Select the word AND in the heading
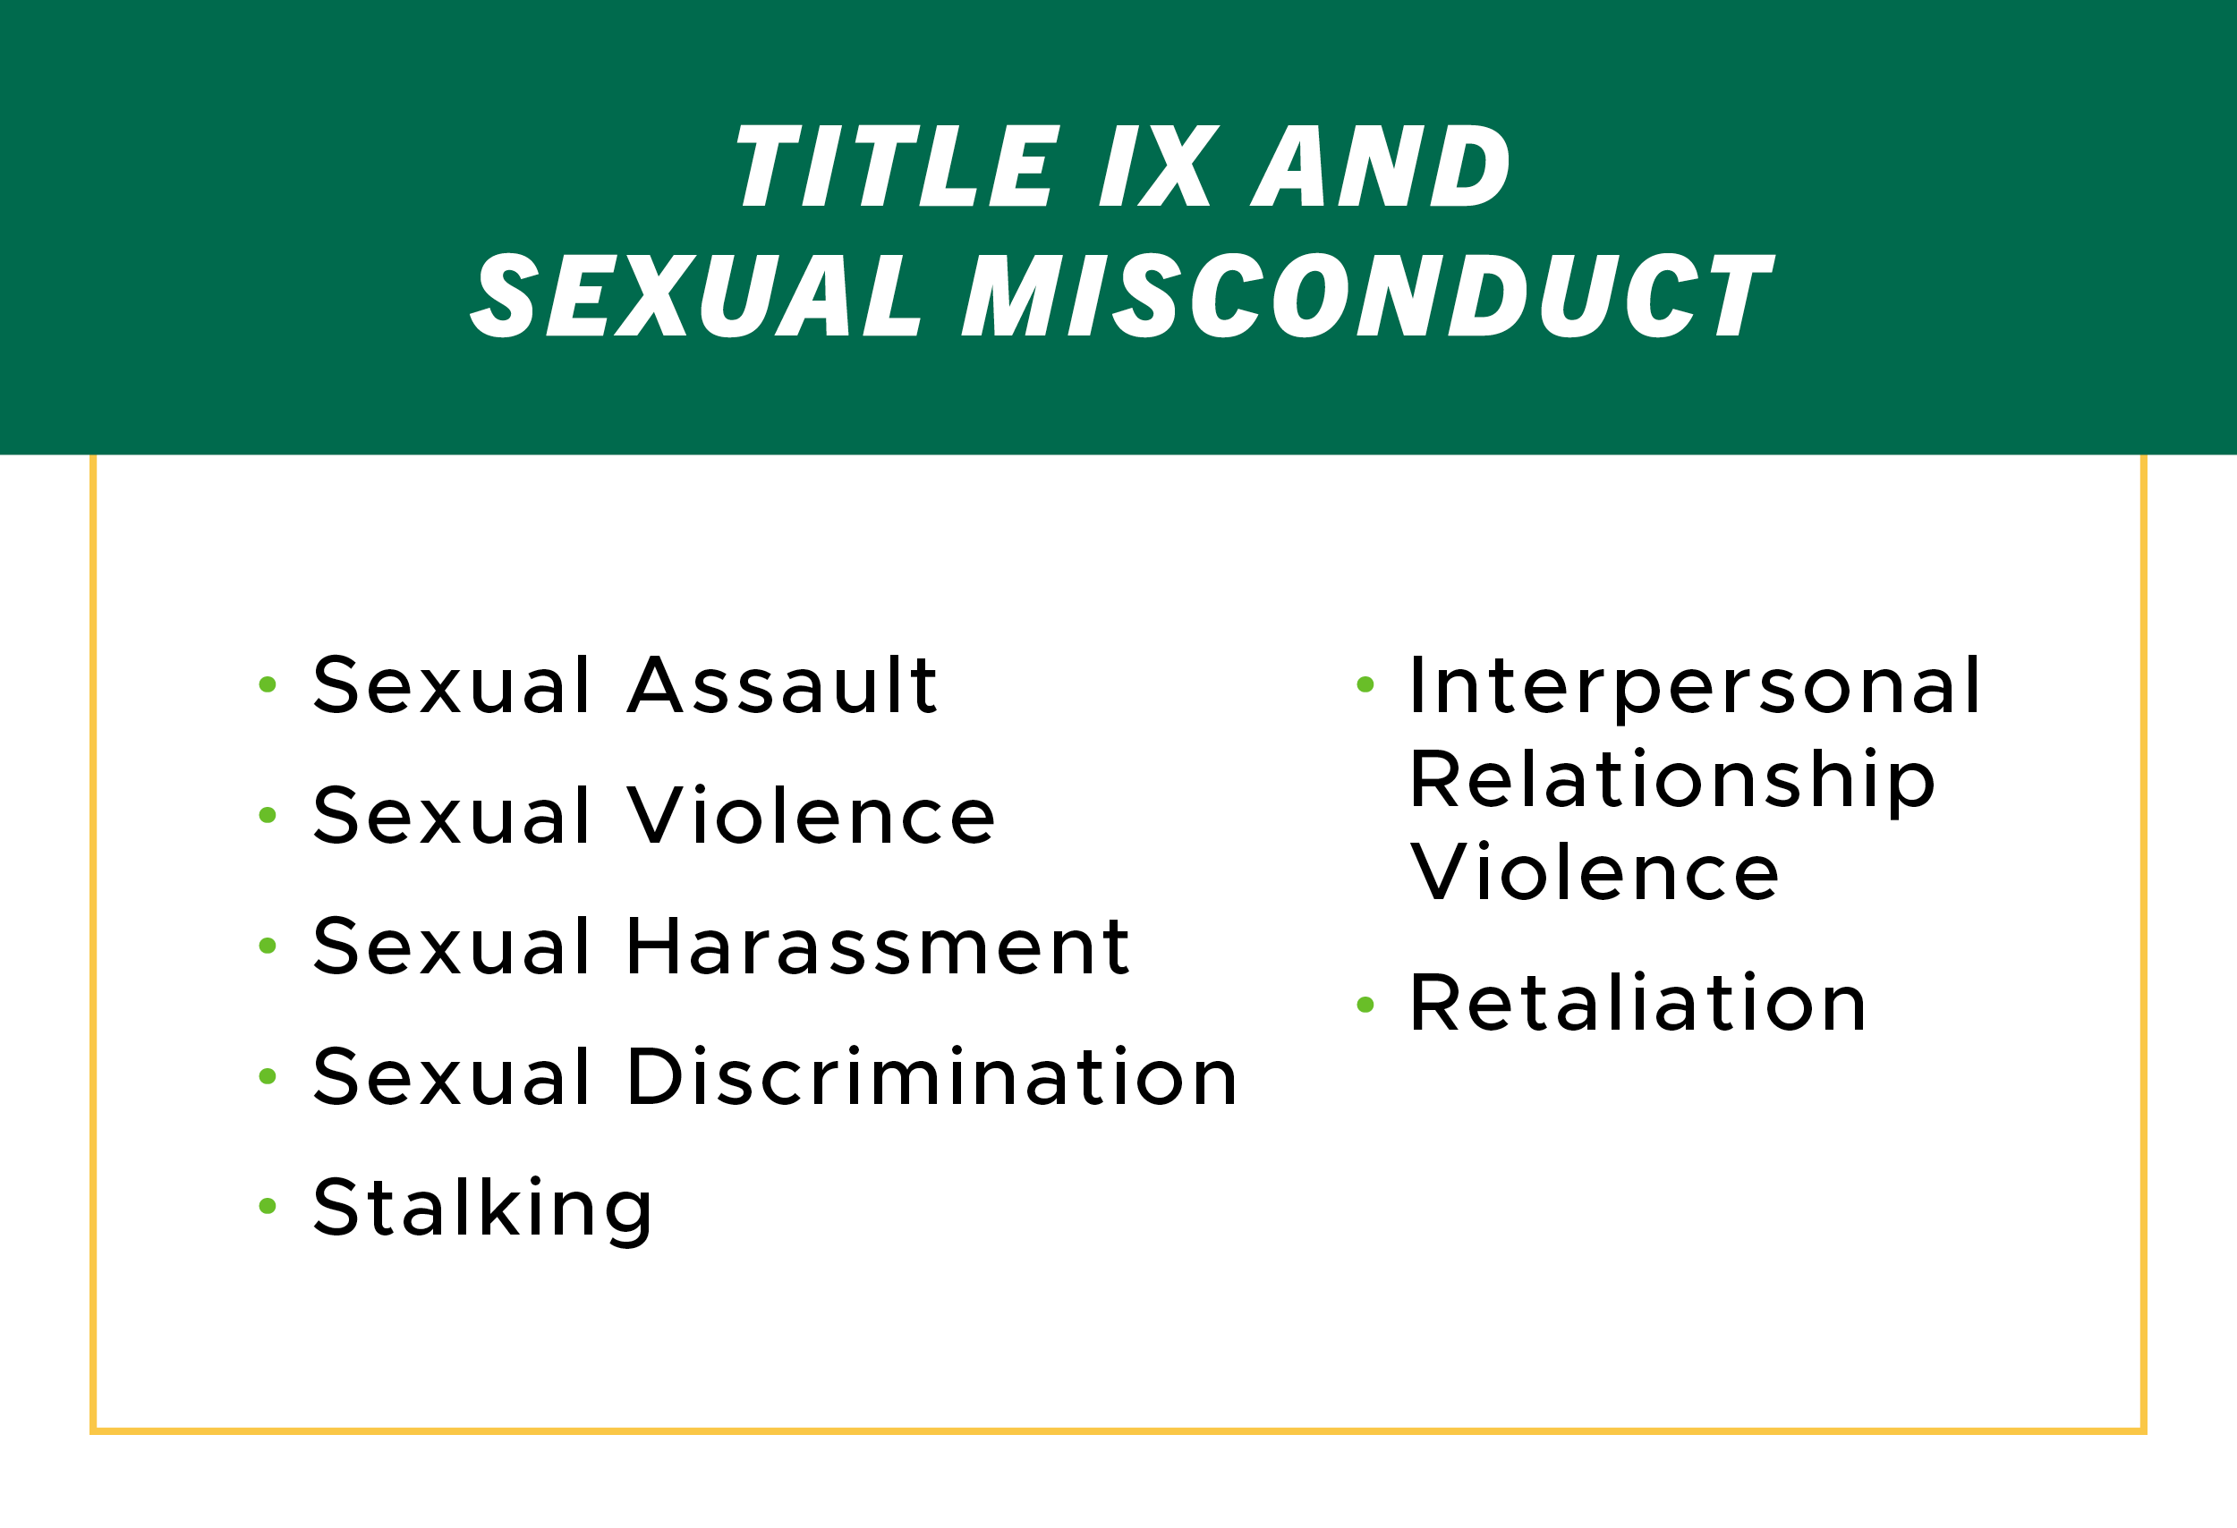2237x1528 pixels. pos(1381,166)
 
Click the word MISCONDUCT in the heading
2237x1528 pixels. pos(1367,295)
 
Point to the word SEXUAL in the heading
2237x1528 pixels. pos(696,295)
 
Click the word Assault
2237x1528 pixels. pos(781,684)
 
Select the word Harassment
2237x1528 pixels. pos(878,946)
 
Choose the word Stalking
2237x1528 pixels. pos(482,1209)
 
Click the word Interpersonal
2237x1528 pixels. pos(1694,687)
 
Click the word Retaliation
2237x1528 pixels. pos(1637,1003)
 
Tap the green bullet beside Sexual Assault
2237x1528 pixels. pos(268,684)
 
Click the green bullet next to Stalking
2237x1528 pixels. pos(268,1206)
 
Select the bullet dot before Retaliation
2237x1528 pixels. pos(1365,1005)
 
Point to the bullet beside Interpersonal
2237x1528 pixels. pos(1365,684)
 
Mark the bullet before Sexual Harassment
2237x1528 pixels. pos(268,946)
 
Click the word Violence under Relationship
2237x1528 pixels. pos(1594,871)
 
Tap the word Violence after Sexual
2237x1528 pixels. pos(811,815)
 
